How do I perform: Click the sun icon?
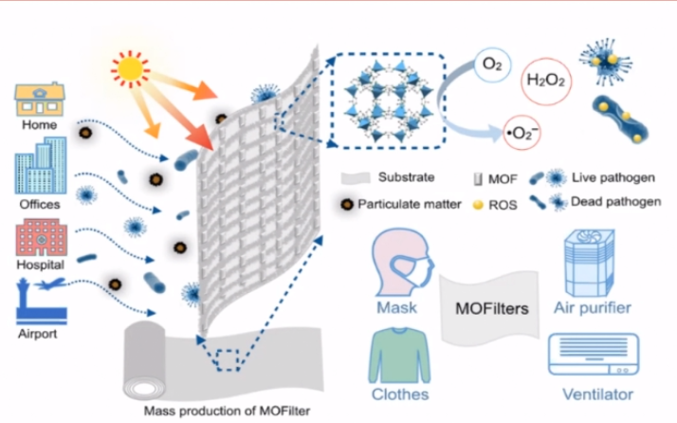[132, 68]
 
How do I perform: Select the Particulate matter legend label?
[410, 203]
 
